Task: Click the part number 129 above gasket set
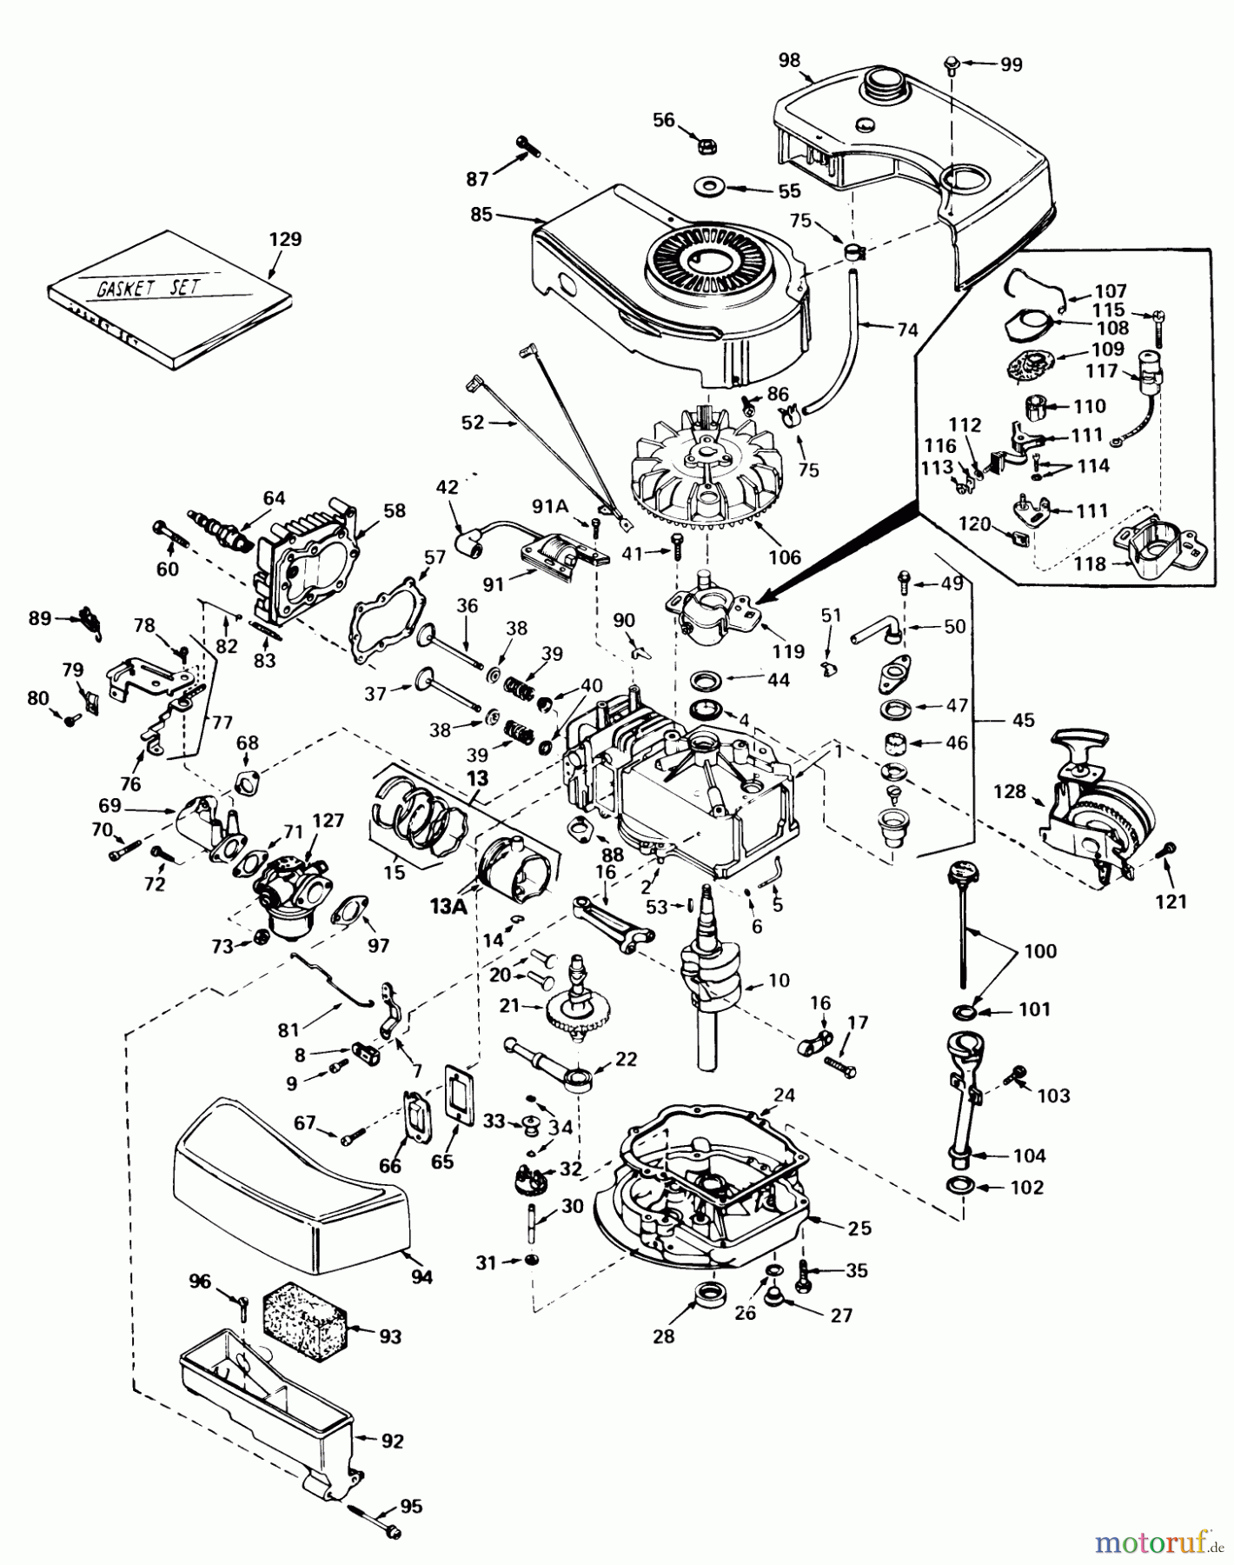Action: click(x=286, y=239)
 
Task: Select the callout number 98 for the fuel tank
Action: click(x=789, y=60)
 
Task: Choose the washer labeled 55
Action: click(x=711, y=188)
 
